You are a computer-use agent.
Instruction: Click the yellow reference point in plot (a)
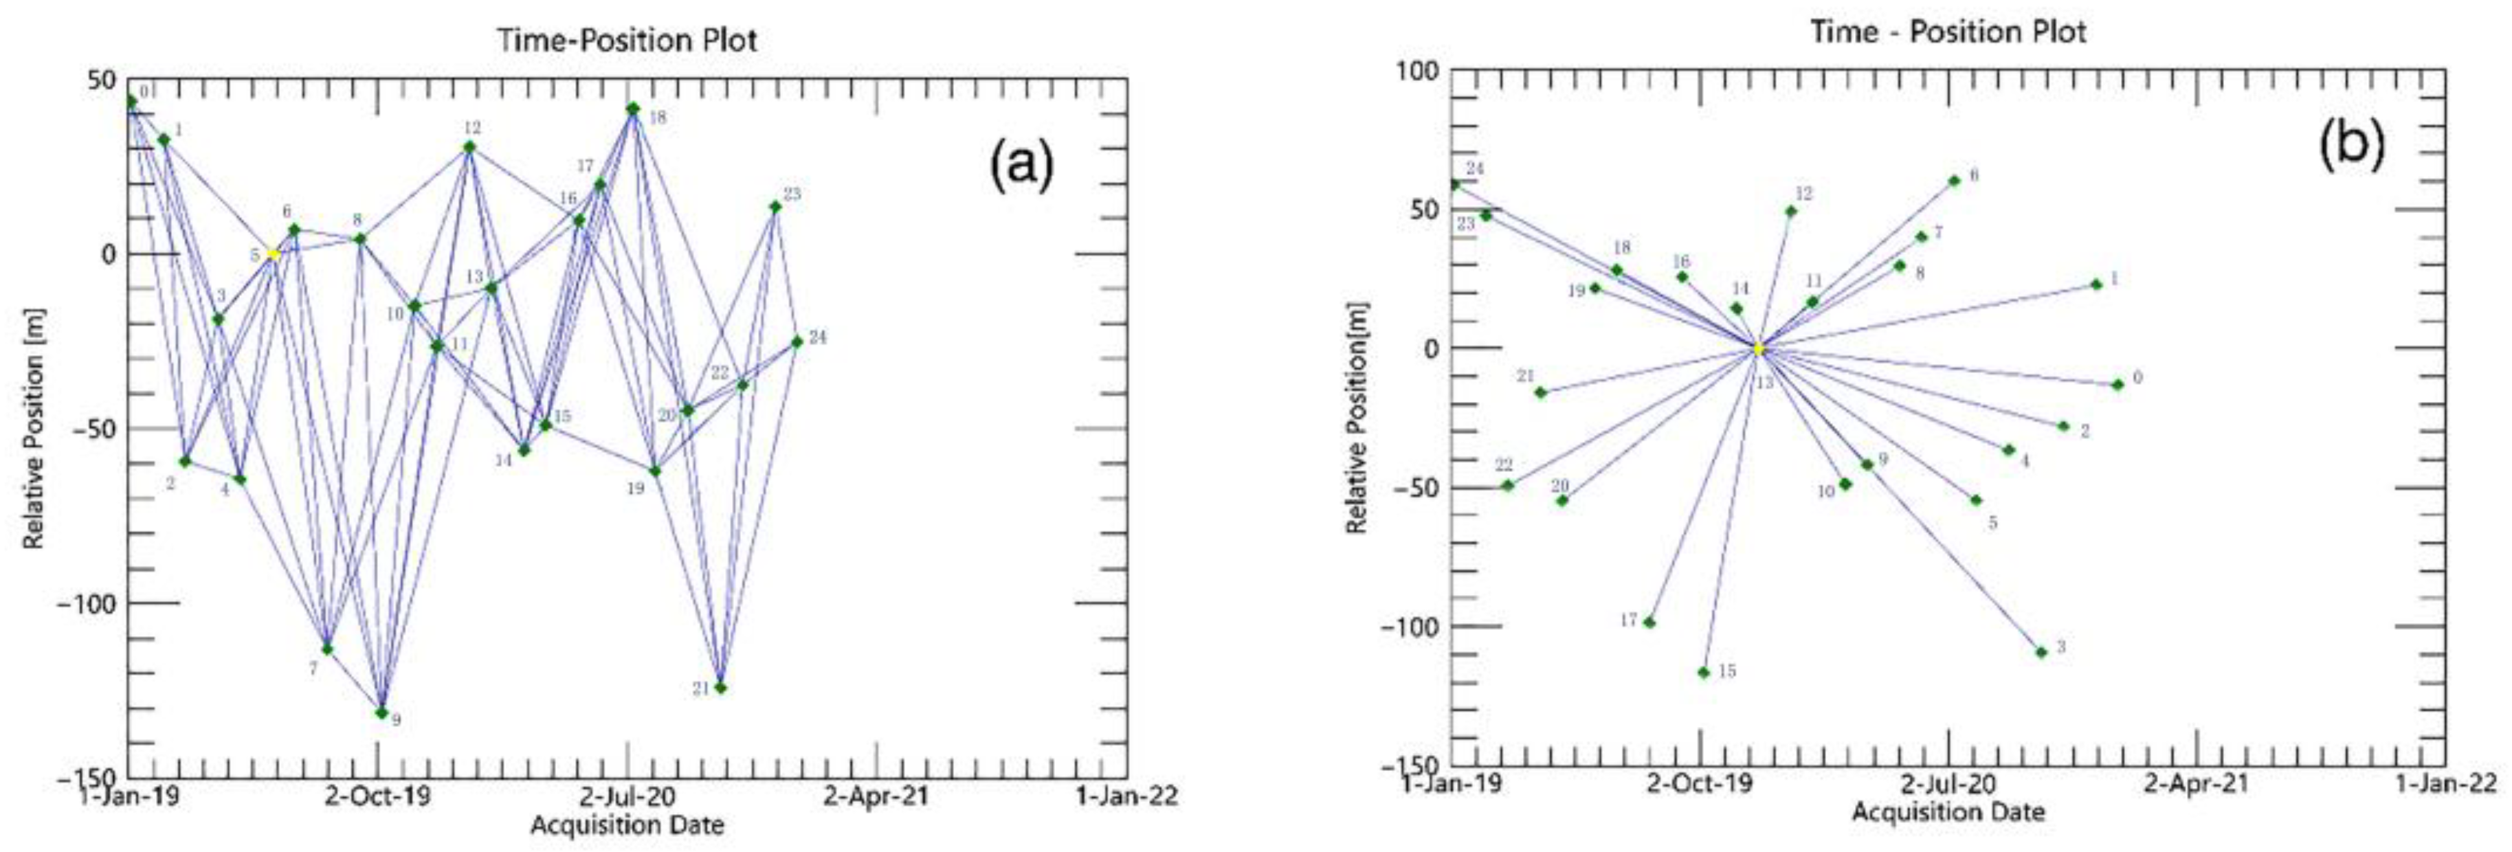274,254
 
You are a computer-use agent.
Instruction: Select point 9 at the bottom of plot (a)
381,712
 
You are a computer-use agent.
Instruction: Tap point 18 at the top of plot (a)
633,108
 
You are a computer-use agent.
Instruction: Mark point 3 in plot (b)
2041,652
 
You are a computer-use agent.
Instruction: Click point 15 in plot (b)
1704,672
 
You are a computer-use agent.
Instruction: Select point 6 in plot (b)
1954,180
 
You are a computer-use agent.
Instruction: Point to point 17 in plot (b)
1649,622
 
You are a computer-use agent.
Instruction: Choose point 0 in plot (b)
2117,384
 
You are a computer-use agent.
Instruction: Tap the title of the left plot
627,40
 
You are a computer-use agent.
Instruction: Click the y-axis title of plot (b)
1357,418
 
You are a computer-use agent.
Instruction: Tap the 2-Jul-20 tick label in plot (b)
1949,783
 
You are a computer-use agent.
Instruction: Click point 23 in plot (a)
775,207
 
